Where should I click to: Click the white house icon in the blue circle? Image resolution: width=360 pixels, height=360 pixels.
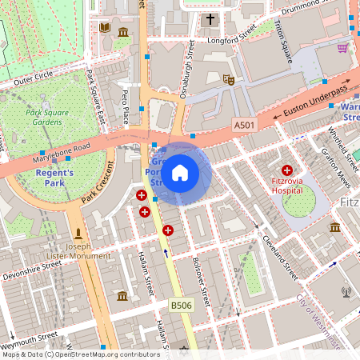tap(180, 173)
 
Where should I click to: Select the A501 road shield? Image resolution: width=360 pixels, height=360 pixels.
tap(244, 125)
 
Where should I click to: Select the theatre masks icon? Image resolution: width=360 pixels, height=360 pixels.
tap(228, 80)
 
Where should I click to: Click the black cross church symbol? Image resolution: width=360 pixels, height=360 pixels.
tap(211, 19)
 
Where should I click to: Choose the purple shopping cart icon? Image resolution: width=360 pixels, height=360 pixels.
tap(342, 48)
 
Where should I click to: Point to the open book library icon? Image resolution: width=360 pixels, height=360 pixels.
tap(104, 29)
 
